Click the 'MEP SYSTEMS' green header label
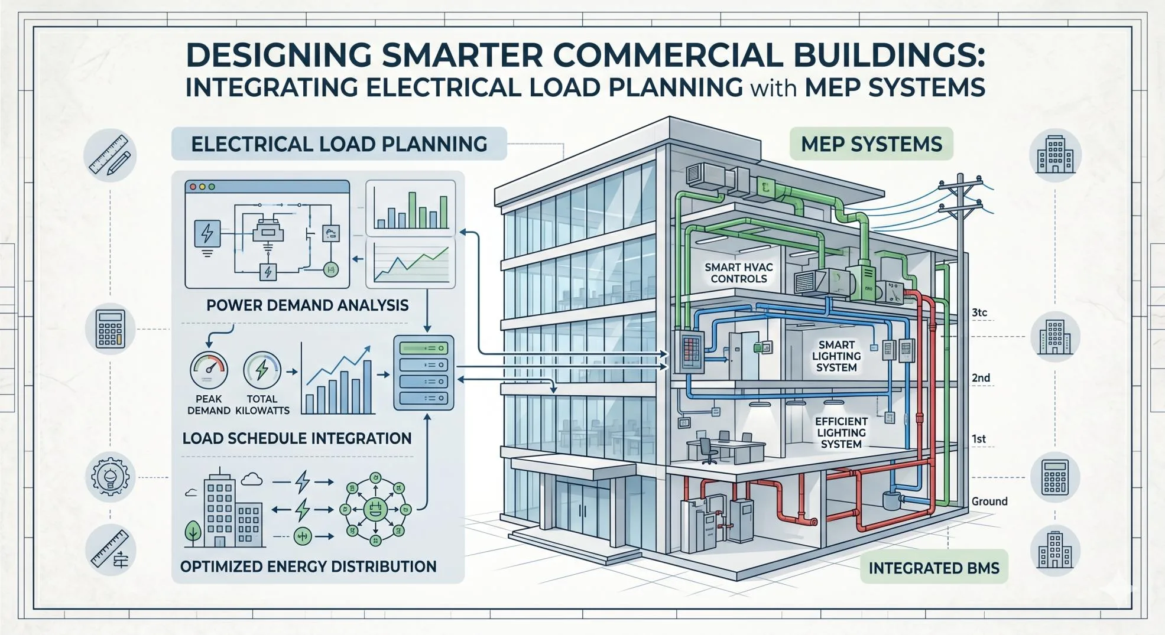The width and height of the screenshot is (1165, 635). [x=871, y=144]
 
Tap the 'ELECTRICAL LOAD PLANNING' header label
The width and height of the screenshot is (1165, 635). [x=339, y=144]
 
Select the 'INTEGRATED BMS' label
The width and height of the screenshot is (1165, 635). [x=934, y=568]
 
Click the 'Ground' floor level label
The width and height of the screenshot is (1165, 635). [x=989, y=502]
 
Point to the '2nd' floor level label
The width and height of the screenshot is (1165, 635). [x=981, y=378]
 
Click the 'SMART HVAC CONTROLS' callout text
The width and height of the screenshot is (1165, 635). [x=739, y=273]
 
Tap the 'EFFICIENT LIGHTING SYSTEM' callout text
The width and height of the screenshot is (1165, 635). [x=841, y=432]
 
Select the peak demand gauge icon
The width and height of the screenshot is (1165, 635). [x=209, y=370]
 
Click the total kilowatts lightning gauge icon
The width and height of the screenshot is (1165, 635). [x=262, y=370]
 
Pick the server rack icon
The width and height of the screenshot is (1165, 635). [x=424, y=373]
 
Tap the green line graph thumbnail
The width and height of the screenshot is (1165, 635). [x=411, y=263]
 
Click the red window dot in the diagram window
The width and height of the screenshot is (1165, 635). [x=193, y=187]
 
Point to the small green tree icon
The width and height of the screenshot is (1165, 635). [x=193, y=531]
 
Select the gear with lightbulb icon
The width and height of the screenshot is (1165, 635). [x=110, y=476]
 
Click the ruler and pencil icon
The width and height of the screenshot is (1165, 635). [x=110, y=155]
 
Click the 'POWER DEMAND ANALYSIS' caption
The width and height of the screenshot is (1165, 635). [x=307, y=305]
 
